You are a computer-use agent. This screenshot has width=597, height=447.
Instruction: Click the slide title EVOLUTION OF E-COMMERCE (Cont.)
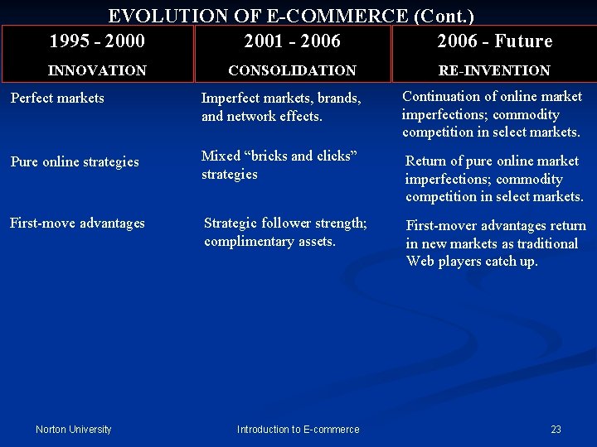coord(291,16)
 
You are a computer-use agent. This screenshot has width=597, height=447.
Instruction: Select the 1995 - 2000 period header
coord(96,41)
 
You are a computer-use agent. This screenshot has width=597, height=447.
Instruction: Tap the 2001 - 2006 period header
coord(292,41)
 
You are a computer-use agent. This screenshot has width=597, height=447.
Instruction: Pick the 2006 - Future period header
coord(494,41)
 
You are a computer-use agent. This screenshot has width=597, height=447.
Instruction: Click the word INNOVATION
coord(97,71)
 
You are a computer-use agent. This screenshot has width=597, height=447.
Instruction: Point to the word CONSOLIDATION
coord(292,71)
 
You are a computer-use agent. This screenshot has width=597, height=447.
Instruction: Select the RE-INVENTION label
coord(494,71)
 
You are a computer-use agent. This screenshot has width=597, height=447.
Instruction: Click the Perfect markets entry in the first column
coord(57,98)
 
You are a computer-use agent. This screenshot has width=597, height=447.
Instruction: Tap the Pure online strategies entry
coord(75,161)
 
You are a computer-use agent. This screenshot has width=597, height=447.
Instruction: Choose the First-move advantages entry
coord(77,223)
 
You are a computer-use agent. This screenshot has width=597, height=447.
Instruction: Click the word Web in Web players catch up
coord(420,262)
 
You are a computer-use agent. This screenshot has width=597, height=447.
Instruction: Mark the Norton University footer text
coord(74,429)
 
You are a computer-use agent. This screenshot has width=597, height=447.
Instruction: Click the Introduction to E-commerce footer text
coord(298,429)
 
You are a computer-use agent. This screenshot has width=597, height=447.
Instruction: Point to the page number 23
coord(556,429)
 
